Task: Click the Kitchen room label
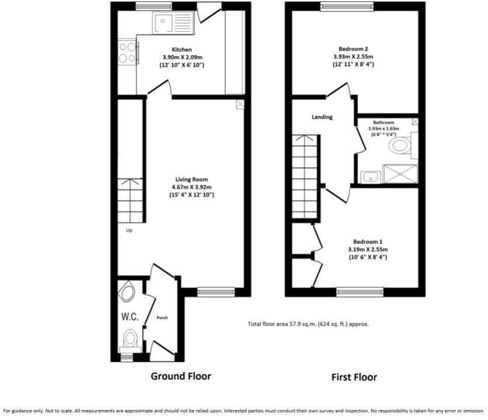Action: coord(181,50)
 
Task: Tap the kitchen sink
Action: coord(172,24)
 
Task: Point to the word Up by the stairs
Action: coord(129,230)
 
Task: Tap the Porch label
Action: coord(162,318)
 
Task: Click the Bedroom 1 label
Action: coord(368,241)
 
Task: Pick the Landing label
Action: coord(322,117)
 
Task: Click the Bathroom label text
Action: coord(384,123)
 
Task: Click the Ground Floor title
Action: coord(181,376)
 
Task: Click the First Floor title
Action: coord(354,377)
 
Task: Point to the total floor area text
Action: coord(308,324)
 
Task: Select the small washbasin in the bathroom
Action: coord(369,174)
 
